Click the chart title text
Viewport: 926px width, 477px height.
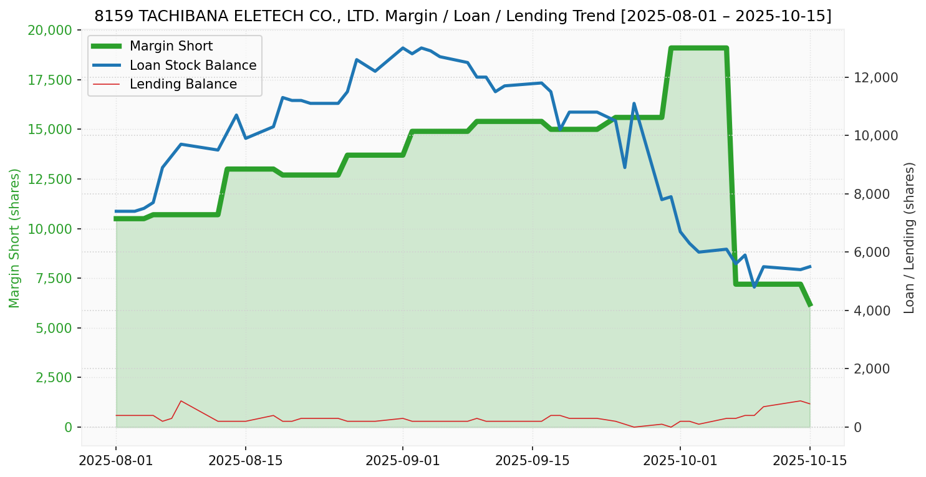point(463,16)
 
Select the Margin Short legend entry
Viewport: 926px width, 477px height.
point(171,46)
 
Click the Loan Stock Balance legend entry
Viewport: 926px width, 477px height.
point(193,65)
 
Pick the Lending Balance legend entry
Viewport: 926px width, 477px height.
point(183,84)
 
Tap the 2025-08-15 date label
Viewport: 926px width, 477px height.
point(245,461)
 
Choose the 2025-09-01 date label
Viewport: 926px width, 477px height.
point(402,461)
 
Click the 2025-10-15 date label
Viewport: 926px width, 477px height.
point(809,461)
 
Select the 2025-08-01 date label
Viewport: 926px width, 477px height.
point(116,461)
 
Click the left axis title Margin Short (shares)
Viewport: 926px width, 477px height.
point(15,238)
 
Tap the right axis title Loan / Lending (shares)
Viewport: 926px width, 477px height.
point(909,238)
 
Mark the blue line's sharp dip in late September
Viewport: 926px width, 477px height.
point(625,167)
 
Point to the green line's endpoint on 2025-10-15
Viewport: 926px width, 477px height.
point(809,305)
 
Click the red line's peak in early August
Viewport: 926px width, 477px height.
point(181,401)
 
